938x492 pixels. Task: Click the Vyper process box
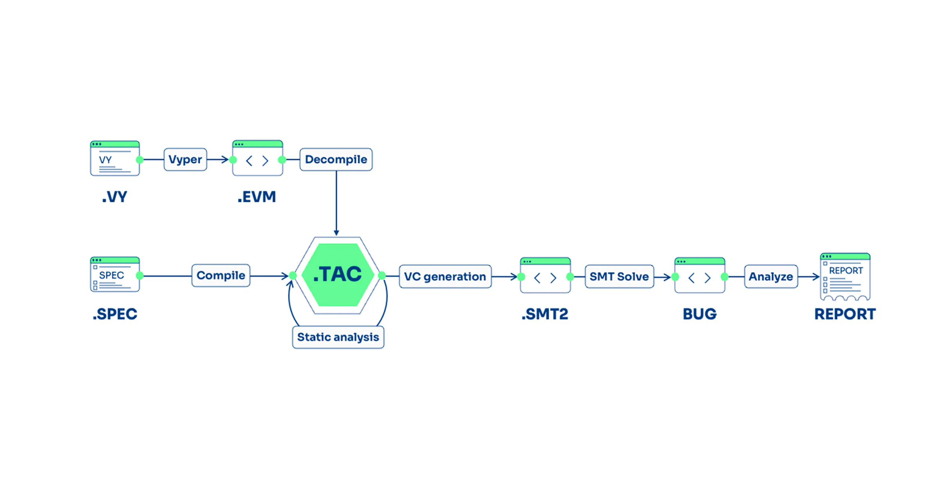coord(185,159)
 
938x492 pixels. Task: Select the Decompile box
coord(336,159)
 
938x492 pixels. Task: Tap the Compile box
coord(221,276)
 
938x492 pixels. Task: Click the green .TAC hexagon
coord(338,275)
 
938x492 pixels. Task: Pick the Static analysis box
coord(338,337)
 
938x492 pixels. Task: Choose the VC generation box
coord(445,276)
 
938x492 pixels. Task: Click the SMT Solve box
coord(619,276)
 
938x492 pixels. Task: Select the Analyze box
coord(771,276)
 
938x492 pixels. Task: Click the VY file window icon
coord(115,159)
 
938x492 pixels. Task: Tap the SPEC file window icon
coord(115,275)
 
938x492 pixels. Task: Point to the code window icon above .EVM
coord(258,158)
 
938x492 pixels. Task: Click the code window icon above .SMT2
coord(545,275)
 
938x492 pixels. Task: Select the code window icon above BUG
coord(700,275)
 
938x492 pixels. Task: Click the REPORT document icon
coord(845,277)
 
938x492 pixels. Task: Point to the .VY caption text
coord(115,197)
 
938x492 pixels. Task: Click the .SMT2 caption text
coord(545,314)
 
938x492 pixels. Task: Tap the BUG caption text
coord(700,314)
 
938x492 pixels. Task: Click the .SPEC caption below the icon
coord(115,314)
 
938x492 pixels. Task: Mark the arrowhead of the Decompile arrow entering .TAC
coord(336,233)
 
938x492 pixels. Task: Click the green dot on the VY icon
coord(140,160)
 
